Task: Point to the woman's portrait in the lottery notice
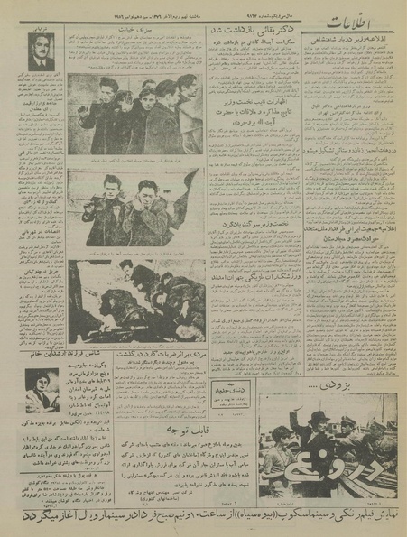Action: pos(38,386)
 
